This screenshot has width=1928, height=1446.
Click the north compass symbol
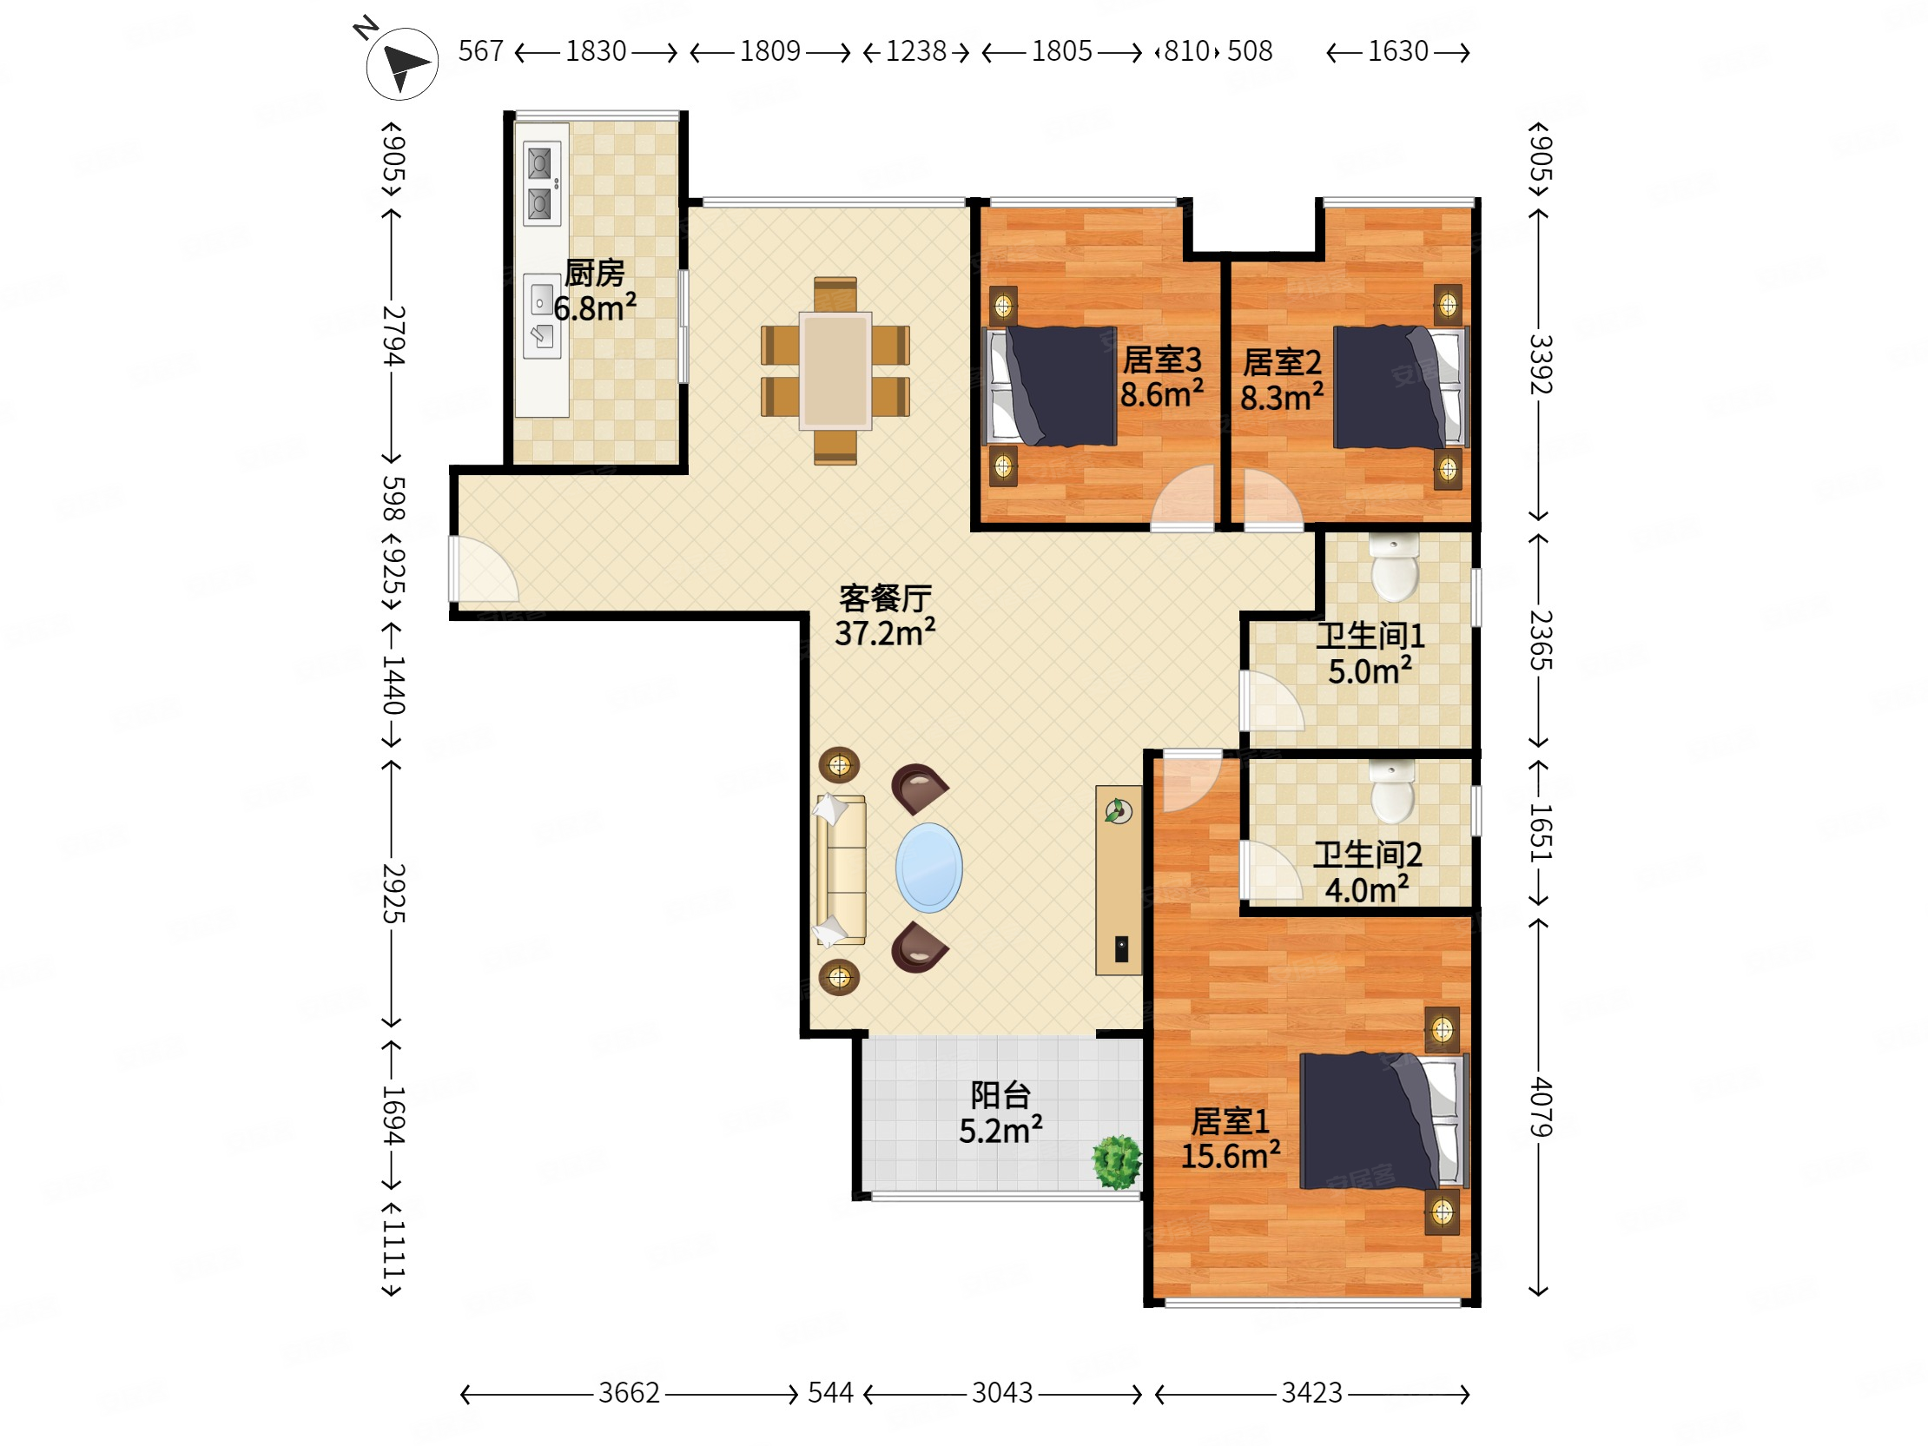401,63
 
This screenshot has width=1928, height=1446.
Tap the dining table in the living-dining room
835,371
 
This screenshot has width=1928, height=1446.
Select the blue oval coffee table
929,868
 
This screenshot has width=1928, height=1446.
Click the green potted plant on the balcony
1117,1162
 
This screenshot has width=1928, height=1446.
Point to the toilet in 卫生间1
1394,567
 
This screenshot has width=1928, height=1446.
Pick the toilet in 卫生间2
1393,790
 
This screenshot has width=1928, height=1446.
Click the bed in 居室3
1050,386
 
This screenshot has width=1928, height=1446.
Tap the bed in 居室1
1384,1121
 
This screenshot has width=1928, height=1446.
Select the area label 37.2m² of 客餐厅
885,633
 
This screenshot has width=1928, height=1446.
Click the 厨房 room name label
594,274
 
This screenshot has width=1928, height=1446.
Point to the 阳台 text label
1000,1095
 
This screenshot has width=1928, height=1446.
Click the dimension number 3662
629,1393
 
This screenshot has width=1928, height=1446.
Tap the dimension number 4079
1541,1106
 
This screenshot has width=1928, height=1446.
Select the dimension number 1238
916,51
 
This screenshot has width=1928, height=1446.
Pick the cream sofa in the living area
841,870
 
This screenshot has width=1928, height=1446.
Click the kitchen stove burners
540,183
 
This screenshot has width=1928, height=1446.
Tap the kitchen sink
541,316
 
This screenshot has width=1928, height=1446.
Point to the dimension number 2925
394,893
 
